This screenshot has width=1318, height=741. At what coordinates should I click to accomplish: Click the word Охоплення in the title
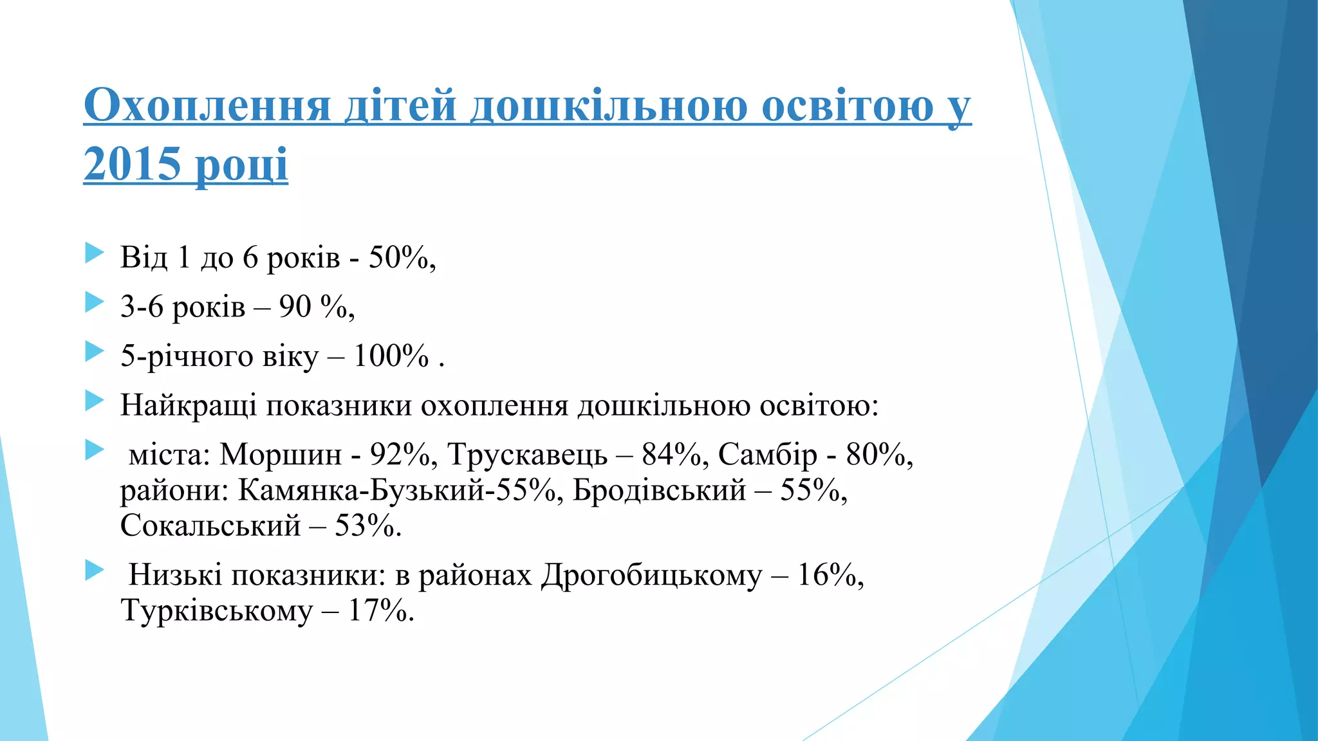point(207,105)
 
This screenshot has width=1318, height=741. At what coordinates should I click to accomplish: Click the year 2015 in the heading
point(132,163)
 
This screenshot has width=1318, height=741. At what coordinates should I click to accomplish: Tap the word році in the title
point(241,165)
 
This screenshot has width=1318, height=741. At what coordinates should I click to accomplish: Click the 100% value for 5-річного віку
point(391,356)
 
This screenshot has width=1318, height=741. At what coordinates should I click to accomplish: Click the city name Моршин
point(280,455)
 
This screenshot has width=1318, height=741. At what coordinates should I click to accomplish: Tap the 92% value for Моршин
point(400,455)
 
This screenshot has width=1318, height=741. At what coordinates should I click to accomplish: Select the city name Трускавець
point(527,455)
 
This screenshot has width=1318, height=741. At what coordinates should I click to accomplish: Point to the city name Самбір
point(767,455)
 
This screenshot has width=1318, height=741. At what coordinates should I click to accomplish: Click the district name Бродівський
point(659,491)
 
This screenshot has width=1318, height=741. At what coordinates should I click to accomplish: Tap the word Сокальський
point(210,526)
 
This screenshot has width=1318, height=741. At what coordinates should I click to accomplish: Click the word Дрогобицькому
point(651,575)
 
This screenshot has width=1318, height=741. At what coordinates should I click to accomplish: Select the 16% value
point(826,575)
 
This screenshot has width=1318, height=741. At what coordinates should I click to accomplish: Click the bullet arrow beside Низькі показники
point(94,570)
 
